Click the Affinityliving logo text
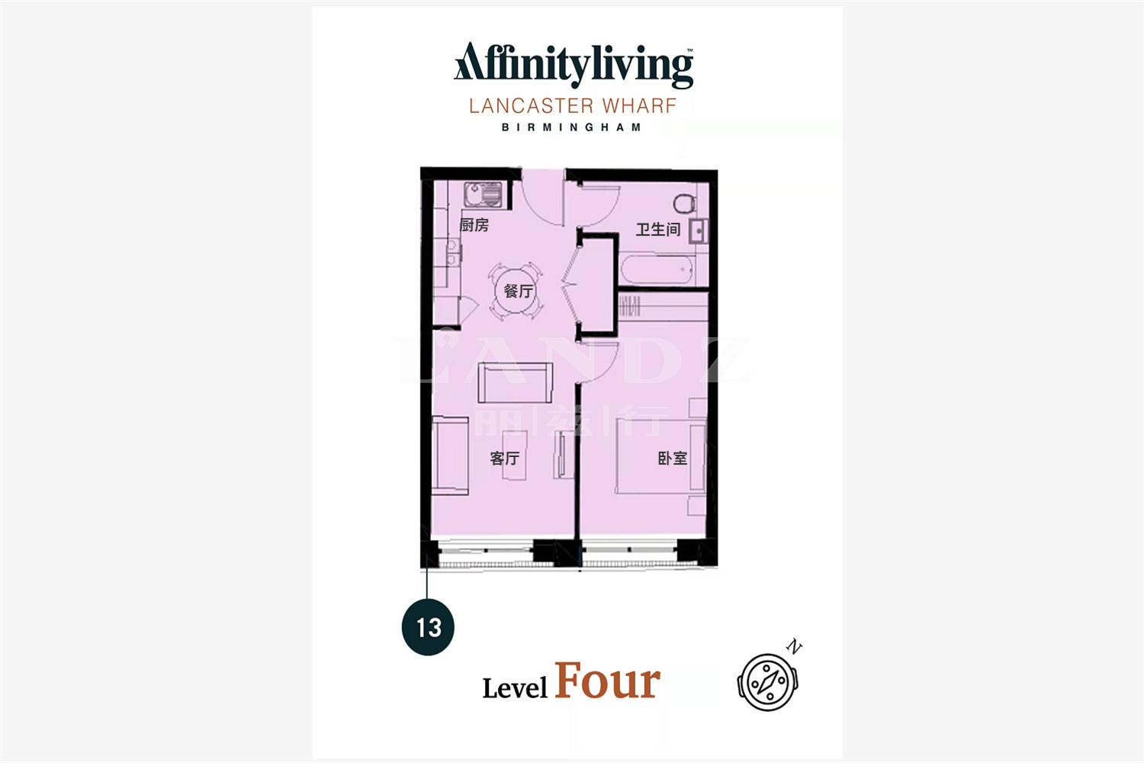tap(574, 65)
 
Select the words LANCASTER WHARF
tap(573, 106)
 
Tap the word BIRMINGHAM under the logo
tap(571, 127)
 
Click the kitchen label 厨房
tap(474, 225)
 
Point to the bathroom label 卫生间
tap(657, 230)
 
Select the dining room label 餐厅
tap(519, 291)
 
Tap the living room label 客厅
tap(505, 459)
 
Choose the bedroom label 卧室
tap(672, 459)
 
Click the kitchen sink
tap(483, 195)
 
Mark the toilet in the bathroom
tap(684, 204)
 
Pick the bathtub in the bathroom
tap(657, 269)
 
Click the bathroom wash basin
tap(698, 231)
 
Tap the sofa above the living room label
tap(516, 383)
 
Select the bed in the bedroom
tap(661, 456)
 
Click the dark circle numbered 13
tap(428, 627)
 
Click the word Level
tap(515, 688)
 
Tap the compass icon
tap(767, 682)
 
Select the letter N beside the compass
tap(794, 646)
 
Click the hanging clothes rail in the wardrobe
tap(629, 307)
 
